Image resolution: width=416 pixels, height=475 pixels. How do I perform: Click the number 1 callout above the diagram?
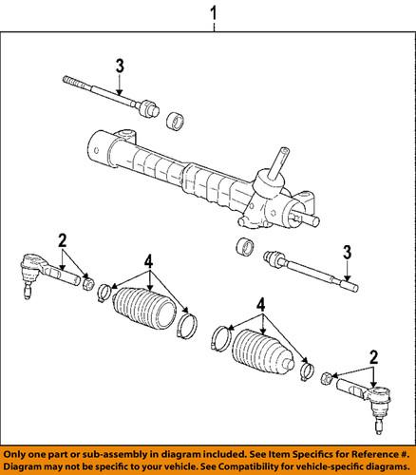click(214, 15)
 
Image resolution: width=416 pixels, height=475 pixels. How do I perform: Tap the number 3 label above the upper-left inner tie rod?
click(119, 66)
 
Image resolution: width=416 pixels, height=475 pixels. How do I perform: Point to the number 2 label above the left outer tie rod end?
click(62, 238)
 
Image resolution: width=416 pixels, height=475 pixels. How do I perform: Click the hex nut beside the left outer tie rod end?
click(87, 281)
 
